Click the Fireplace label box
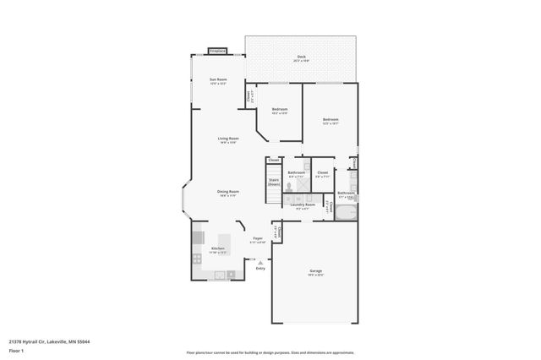(217, 51)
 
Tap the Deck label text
(301, 58)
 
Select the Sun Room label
(218, 81)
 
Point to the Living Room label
(227, 139)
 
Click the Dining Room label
(228, 193)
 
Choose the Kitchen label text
(218, 249)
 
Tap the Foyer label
(258, 240)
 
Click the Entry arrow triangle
(260, 263)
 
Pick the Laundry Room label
(304, 205)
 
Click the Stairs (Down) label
(274, 182)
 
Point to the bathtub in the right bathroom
(347, 211)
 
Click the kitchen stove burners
(197, 258)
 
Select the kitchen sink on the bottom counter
(220, 274)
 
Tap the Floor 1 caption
(17, 350)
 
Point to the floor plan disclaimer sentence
(270, 352)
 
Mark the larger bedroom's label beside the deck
(330, 121)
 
